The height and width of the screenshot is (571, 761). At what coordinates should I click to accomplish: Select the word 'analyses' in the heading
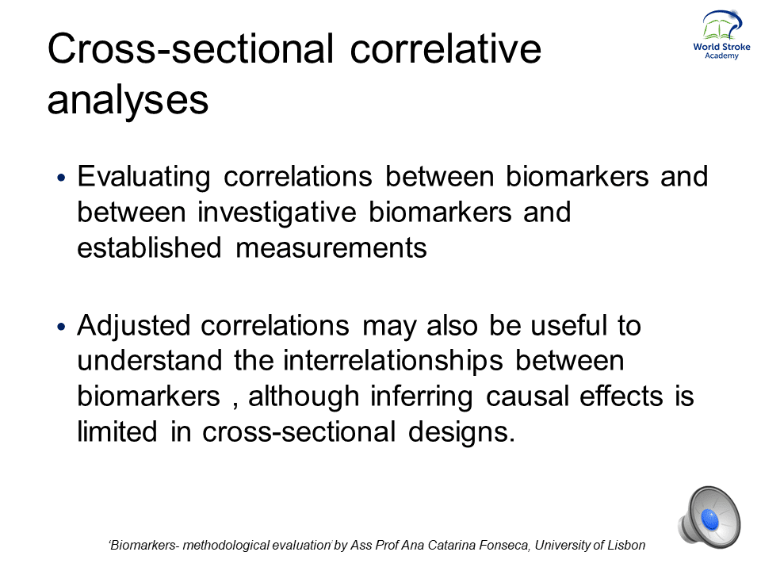(x=128, y=101)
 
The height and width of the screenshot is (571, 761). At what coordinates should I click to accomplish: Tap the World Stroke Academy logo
(x=721, y=35)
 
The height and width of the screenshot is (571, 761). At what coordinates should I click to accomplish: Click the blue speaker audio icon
(x=709, y=517)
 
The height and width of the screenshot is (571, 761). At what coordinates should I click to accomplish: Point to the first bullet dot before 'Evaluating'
(x=61, y=178)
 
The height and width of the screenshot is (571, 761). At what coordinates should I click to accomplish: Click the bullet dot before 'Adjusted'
(x=61, y=327)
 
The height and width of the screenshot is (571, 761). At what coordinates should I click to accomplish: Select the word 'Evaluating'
(x=144, y=177)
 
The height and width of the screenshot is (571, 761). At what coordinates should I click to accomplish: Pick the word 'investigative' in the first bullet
(x=277, y=213)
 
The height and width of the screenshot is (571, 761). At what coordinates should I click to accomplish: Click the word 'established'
(x=150, y=247)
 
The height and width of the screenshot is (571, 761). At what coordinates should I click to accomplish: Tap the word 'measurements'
(x=331, y=248)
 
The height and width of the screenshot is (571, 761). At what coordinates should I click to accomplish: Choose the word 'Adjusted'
(x=133, y=325)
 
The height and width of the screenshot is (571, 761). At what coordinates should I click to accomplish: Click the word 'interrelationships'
(x=393, y=362)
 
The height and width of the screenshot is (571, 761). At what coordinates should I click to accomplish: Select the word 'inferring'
(x=422, y=397)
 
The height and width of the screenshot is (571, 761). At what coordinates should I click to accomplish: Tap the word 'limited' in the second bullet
(x=117, y=431)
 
